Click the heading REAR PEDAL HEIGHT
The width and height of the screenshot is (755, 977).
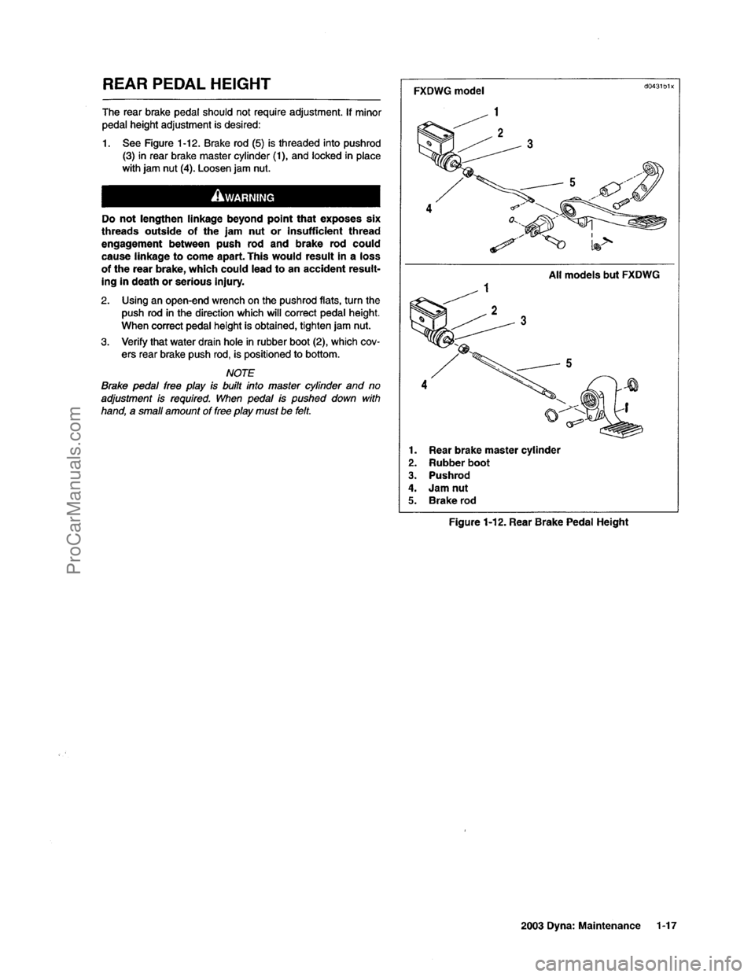click(x=182, y=83)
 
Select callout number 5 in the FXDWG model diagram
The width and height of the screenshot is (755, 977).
click(x=572, y=181)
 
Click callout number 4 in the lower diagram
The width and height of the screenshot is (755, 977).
click(x=425, y=385)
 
